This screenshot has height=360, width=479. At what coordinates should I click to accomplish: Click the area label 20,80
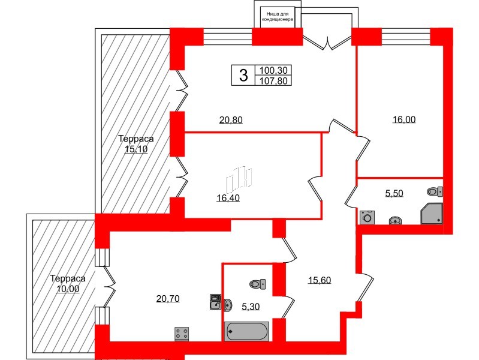231,120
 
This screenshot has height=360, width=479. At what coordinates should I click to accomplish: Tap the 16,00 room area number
403,119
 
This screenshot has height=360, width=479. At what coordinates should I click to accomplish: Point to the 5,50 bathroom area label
394,193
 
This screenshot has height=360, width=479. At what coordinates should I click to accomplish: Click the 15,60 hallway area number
320,280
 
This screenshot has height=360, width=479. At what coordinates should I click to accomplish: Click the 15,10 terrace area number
135,150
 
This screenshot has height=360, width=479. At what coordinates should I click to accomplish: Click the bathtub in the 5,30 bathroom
247,331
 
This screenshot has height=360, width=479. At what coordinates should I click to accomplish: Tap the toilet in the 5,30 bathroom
258,284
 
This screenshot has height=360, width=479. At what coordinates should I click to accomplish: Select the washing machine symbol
366,217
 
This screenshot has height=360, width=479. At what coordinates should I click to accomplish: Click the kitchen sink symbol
216,302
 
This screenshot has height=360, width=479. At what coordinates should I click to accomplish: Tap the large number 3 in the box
243,76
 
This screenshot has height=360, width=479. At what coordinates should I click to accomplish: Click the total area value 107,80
273,80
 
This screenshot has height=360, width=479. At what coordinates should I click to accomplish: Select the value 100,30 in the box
273,70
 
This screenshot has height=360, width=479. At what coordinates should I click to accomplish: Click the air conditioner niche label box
276,16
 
